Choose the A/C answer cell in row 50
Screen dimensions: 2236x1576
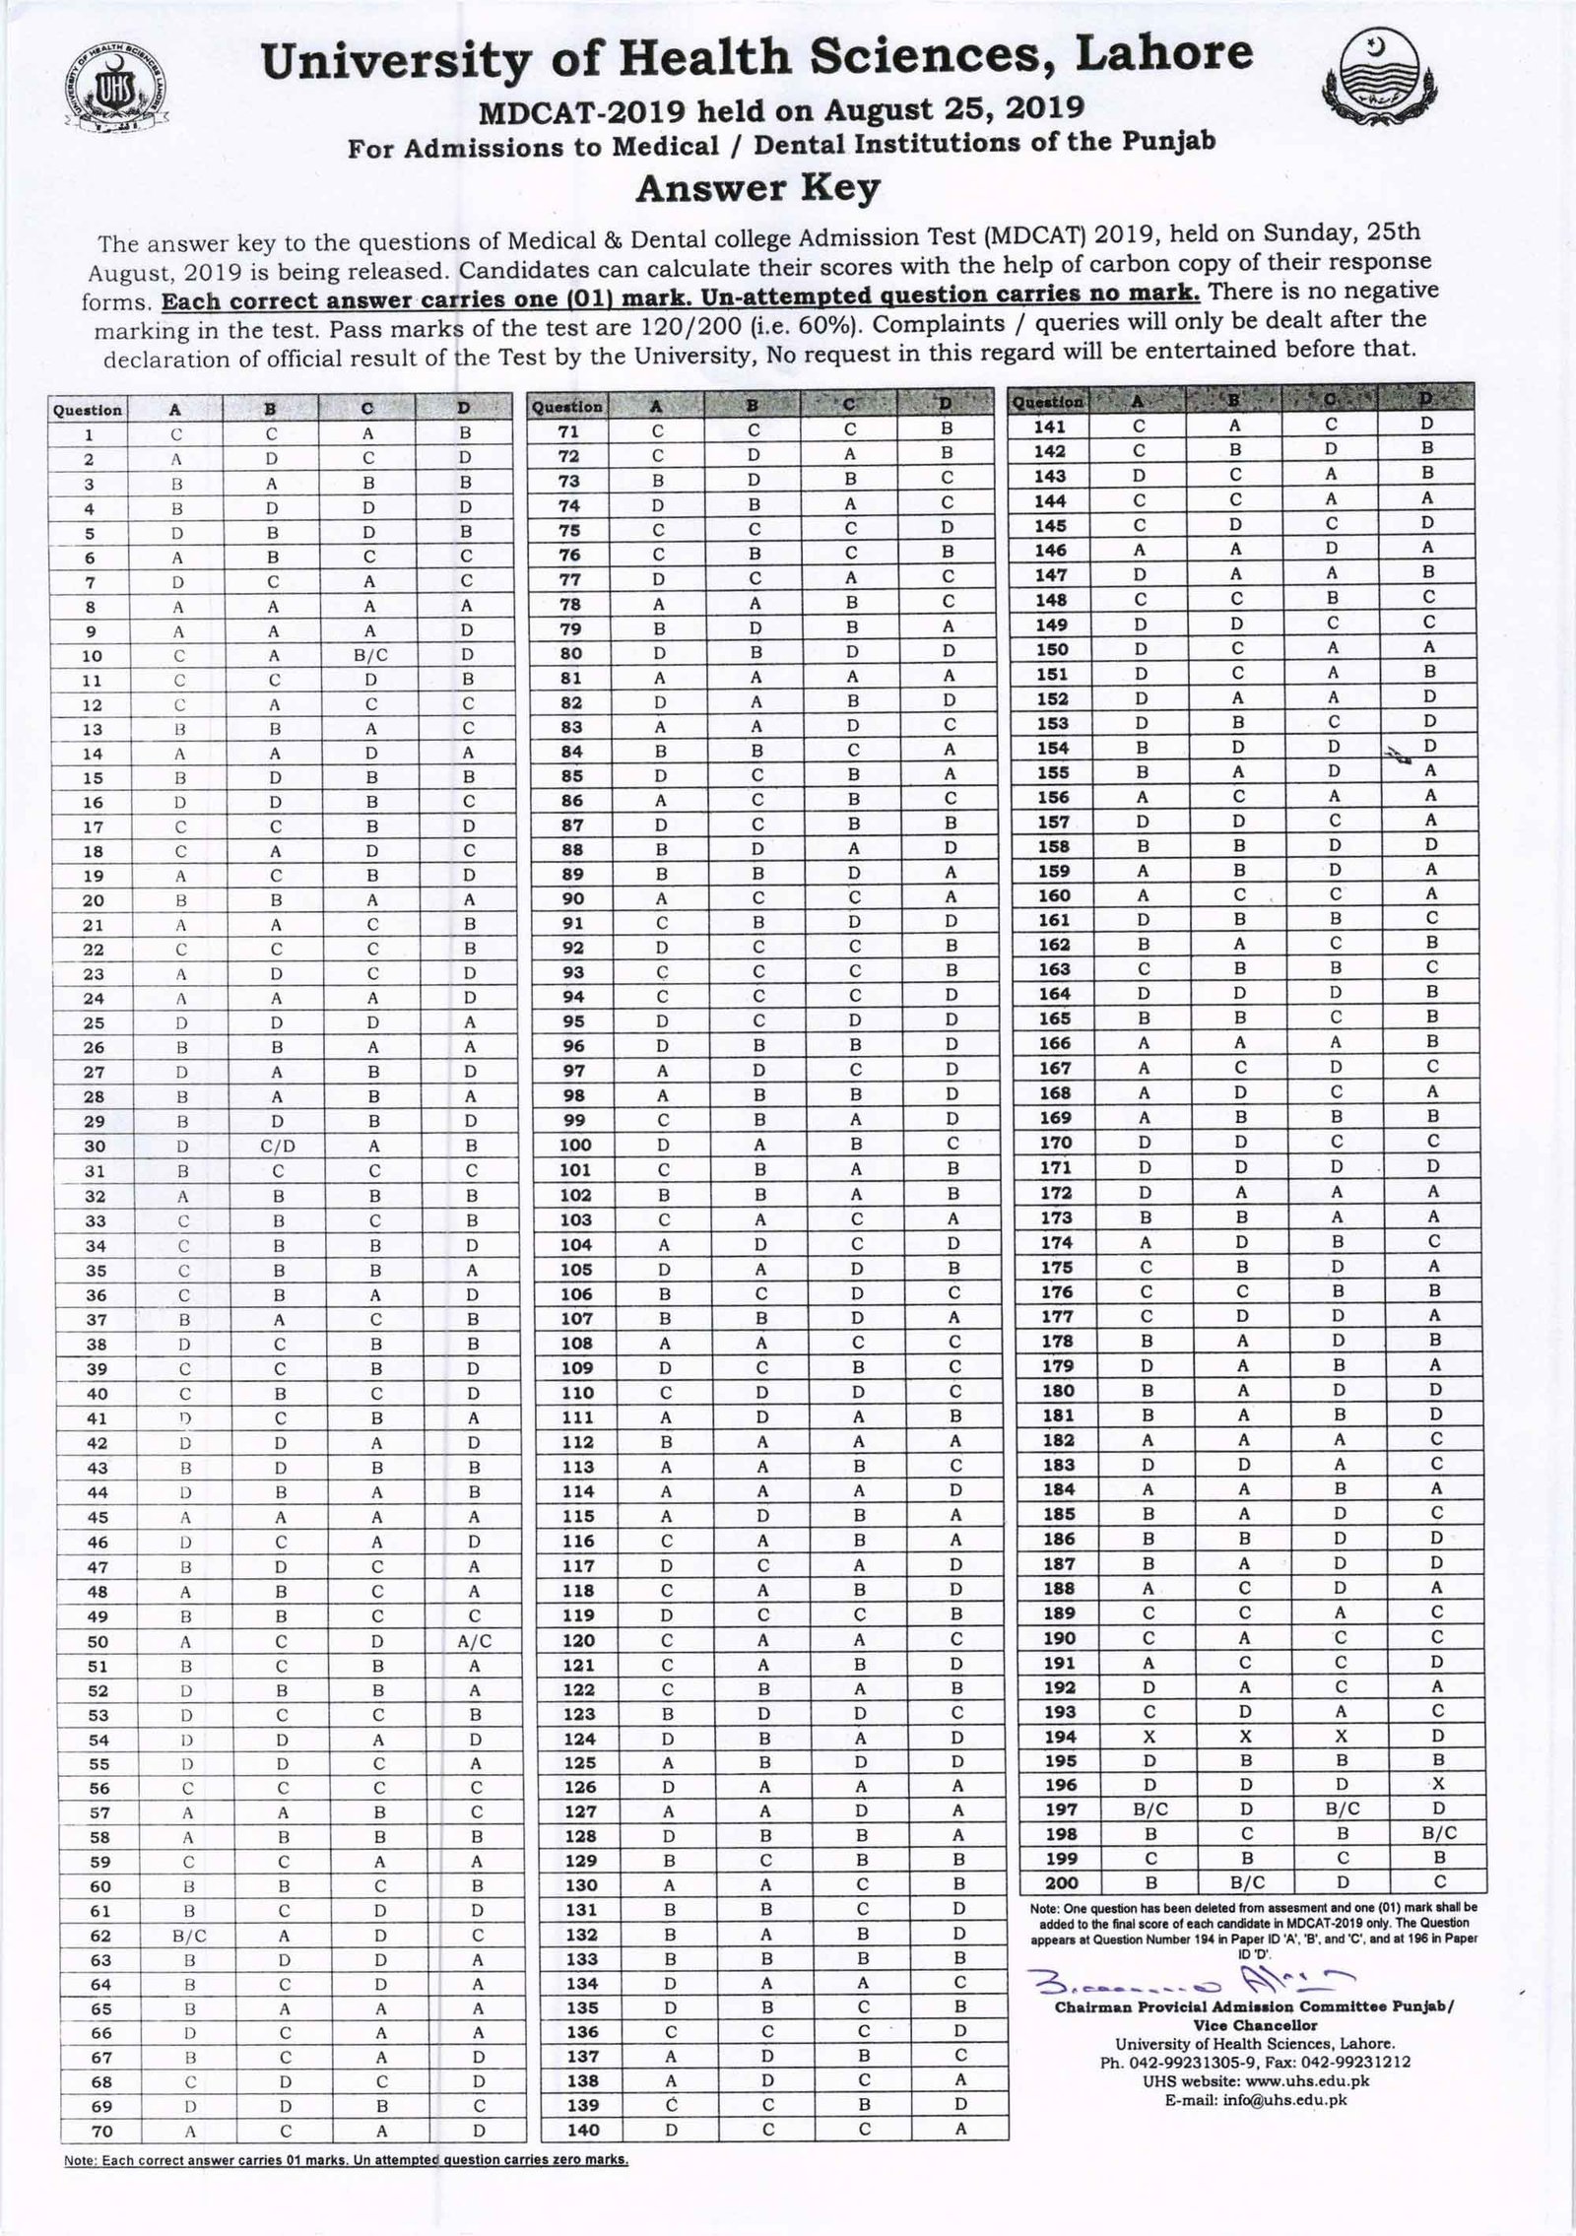click(x=464, y=1641)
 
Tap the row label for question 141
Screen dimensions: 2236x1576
click(x=1050, y=427)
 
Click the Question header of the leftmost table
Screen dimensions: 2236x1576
click(x=89, y=410)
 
